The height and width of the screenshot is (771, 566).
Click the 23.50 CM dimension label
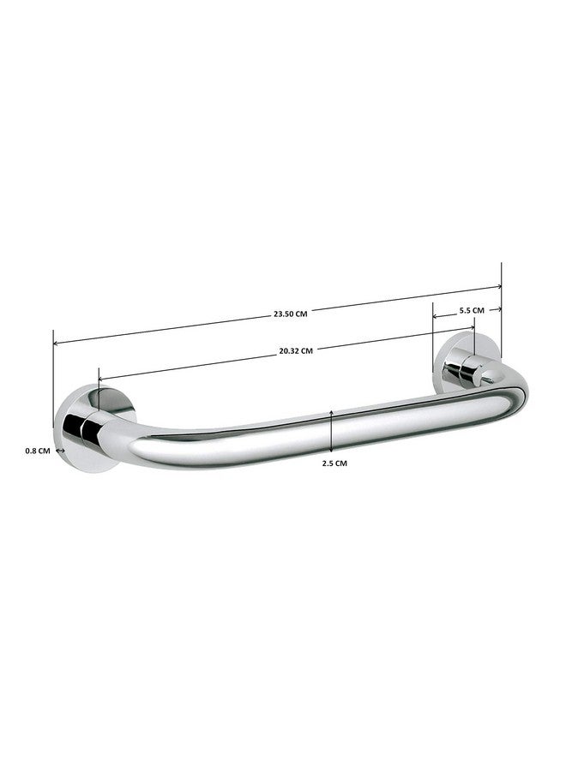[x=290, y=314]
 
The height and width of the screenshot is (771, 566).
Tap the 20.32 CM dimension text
[x=295, y=350]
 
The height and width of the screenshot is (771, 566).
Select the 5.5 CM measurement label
[x=472, y=309]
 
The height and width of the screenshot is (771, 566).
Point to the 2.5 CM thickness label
[x=334, y=463]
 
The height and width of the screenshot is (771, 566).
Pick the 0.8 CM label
[x=38, y=450]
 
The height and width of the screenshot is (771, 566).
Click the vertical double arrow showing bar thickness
[x=331, y=431]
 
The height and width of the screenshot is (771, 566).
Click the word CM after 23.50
[x=300, y=314]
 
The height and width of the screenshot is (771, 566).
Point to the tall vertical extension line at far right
[x=502, y=326]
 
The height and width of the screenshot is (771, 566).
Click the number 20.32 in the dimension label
[x=287, y=350]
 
